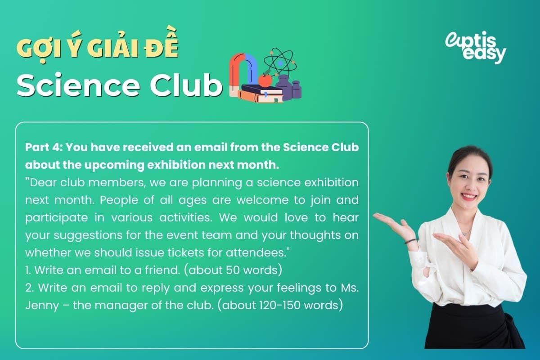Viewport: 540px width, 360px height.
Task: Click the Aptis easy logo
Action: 475,48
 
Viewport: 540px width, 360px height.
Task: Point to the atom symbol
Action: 280,62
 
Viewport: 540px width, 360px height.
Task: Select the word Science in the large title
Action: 78,85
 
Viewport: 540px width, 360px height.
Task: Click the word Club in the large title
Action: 186,85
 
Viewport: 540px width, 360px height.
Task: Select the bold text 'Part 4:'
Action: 44,147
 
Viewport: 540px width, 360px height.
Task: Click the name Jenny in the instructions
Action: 42,306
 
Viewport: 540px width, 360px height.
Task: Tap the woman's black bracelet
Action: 411,240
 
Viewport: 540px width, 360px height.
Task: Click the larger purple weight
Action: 284,87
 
